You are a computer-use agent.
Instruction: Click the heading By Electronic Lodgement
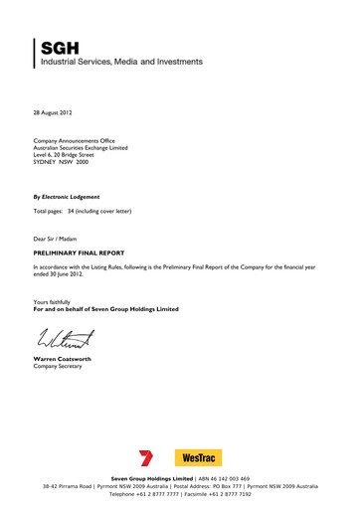(67, 197)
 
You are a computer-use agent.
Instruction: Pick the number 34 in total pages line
(86, 213)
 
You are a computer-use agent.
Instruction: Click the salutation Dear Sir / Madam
(59, 240)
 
